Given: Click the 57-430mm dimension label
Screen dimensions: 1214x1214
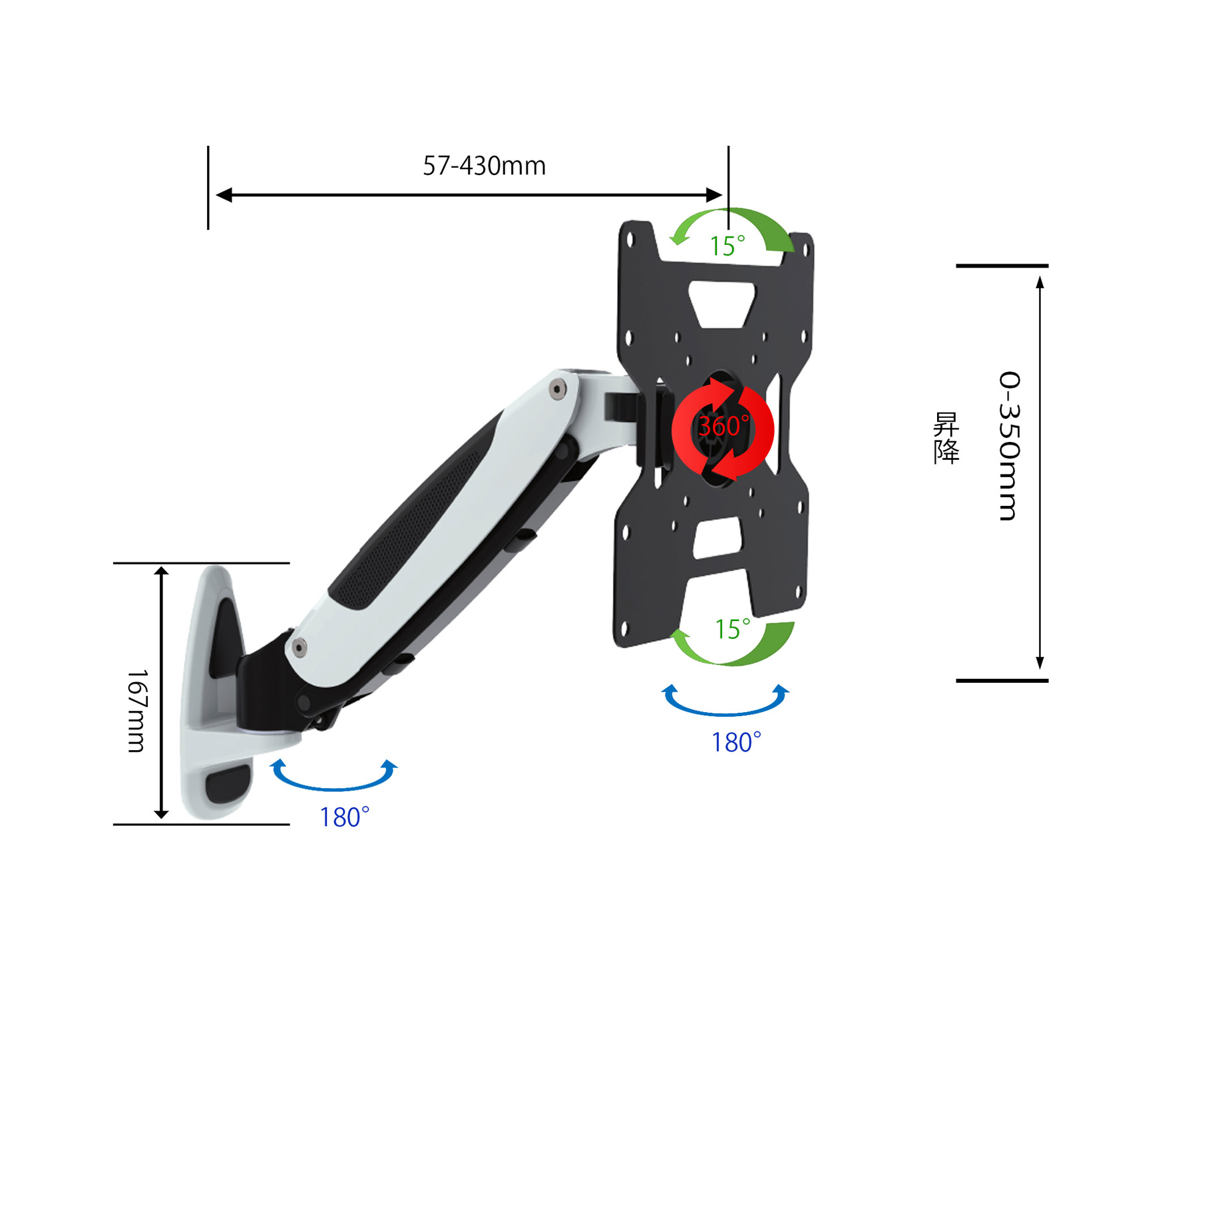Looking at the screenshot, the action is point(484,166).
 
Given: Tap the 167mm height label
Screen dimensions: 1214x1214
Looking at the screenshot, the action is point(137,711).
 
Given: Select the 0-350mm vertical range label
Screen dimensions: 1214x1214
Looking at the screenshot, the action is point(1009,446).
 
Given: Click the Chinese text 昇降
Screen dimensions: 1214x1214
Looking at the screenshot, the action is point(946,437).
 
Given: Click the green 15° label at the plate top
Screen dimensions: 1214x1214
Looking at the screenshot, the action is point(727,246).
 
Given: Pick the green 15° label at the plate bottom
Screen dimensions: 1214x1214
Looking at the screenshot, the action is point(732,629).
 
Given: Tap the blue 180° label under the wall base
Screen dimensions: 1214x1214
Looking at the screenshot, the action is point(344,817).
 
